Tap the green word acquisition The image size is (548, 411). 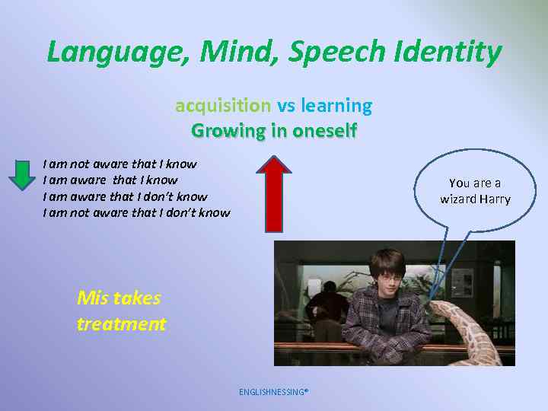point(223,105)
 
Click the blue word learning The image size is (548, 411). point(336,105)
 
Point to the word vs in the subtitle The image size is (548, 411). point(286,105)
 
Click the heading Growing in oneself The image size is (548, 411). point(274,130)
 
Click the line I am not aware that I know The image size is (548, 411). point(119,164)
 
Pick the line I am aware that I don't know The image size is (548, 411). point(125,196)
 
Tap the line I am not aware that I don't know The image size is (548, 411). point(136,213)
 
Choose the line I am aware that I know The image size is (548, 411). point(110,180)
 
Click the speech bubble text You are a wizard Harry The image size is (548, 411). point(475,191)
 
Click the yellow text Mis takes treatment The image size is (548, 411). point(121,311)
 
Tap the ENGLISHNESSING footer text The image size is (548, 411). point(273,392)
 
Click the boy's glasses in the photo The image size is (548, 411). point(389,278)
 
